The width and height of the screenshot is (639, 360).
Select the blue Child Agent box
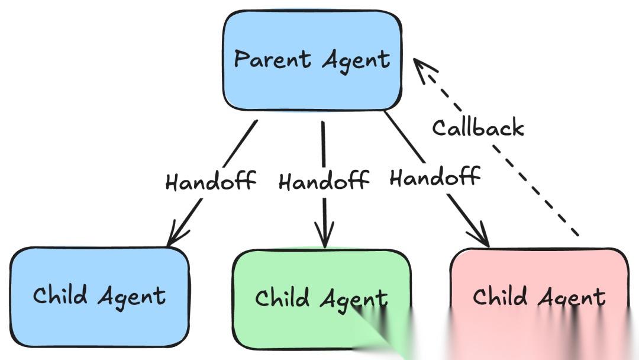[x=99, y=296]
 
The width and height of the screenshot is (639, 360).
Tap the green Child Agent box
[x=321, y=299]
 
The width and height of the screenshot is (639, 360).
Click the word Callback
[x=477, y=127]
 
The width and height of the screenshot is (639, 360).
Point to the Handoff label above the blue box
[x=211, y=181]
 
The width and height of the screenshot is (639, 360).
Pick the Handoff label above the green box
[x=324, y=181]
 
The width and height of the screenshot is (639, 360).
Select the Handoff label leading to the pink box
[x=434, y=176]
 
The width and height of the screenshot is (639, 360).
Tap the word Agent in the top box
[x=356, y=60]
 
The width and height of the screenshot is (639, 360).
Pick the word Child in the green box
[x=282, y=297]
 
